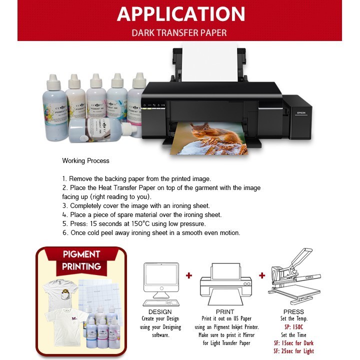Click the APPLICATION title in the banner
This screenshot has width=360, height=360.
click(180, 14)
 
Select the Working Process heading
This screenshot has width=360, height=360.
click(85, 161)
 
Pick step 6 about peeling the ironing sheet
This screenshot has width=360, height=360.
click(151, 232)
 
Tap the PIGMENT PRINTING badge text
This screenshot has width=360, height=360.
click(81, 260)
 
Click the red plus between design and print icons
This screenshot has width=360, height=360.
click(188, 275)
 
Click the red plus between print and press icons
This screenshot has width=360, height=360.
click(262, 275)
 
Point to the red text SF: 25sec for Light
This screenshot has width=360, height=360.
click(293, 351)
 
